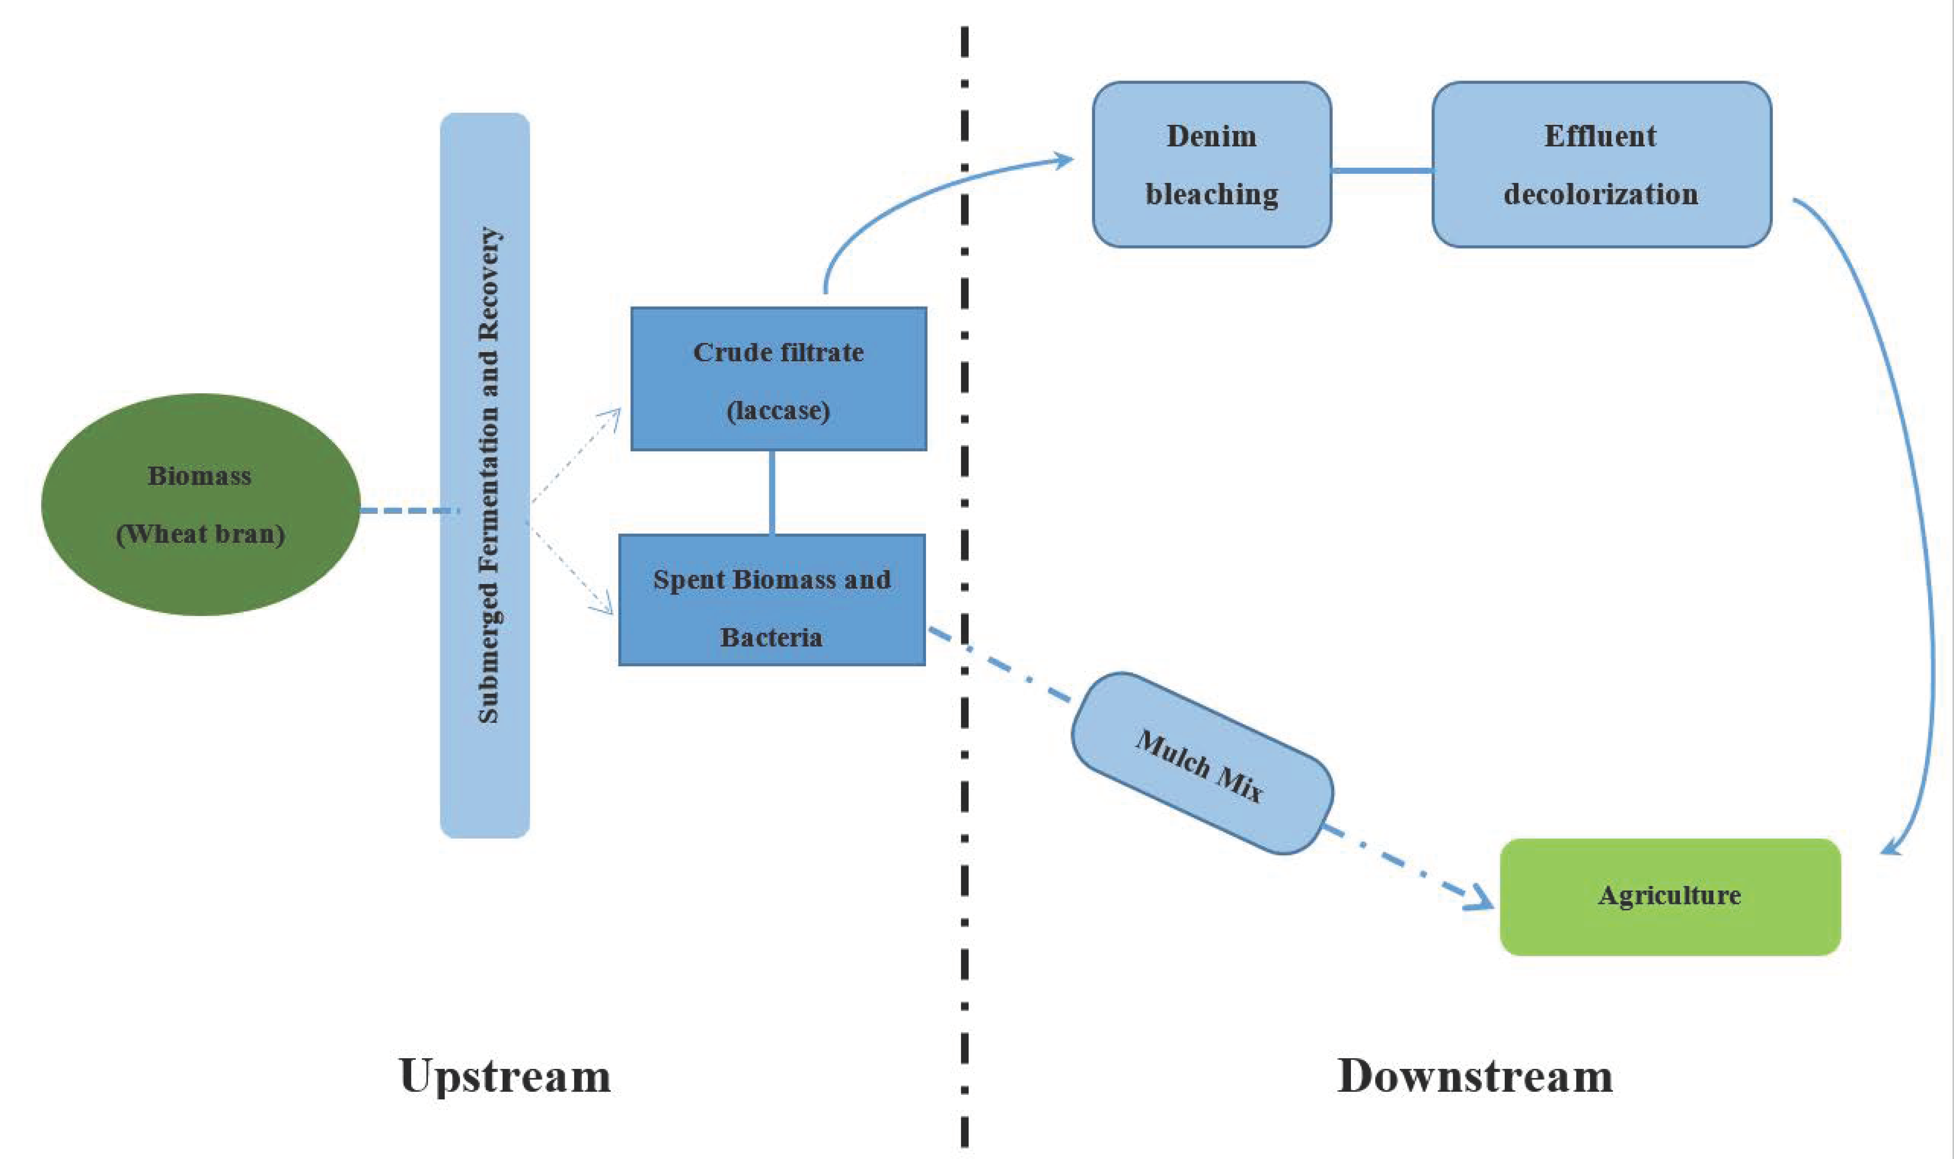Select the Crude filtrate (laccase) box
[779, 379]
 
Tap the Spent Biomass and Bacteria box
[772, 600]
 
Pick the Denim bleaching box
[1211, 165]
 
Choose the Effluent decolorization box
[1601, 165]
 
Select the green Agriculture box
[1670, 897]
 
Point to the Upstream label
[504, 1076]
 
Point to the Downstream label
[1474, 1076]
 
